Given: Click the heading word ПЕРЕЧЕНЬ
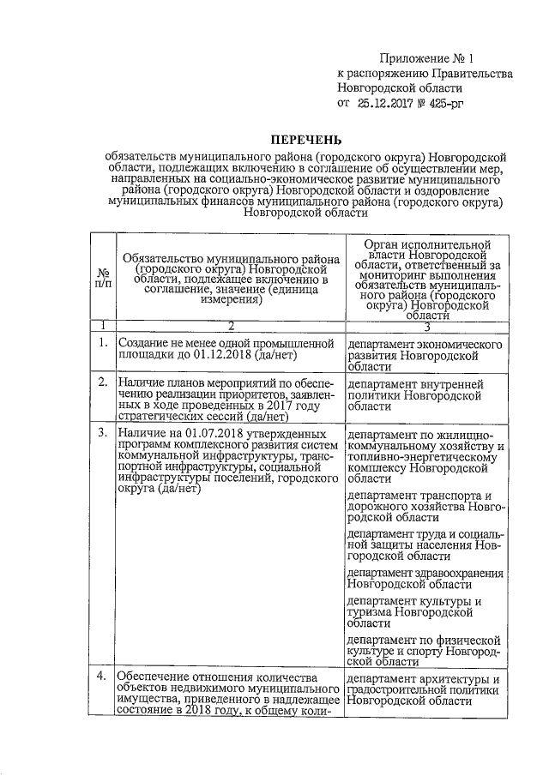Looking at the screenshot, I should click(x=306, y=138).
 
